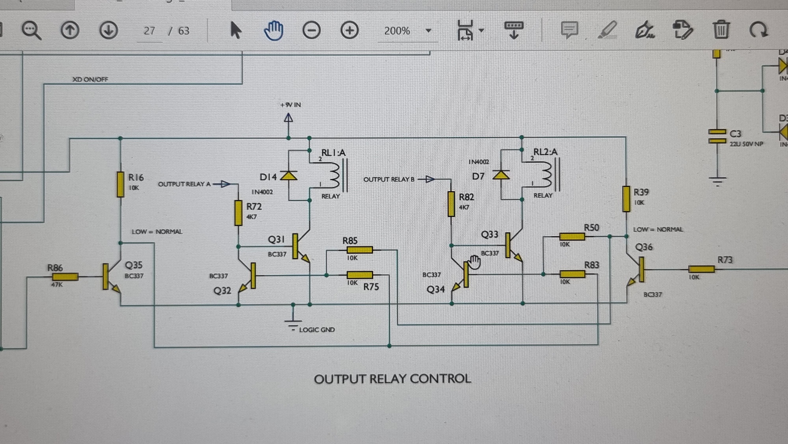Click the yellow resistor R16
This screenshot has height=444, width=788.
point(121,184)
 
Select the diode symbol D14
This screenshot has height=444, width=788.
point(289,176)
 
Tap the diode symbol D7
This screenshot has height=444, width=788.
point(501,175)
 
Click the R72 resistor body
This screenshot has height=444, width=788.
point(238,213)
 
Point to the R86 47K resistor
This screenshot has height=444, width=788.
point(65,277)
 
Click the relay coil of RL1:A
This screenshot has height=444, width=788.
point(335,175)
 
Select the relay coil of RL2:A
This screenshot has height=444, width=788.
point(547,175)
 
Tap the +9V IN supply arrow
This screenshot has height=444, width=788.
point(289,118)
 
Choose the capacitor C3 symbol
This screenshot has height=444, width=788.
point(717,136)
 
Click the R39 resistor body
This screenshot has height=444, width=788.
point(626,199)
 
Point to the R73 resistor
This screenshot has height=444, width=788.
point(701,269)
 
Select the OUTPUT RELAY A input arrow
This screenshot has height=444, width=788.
point(225,184)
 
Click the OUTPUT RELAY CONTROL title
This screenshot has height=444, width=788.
point(392,379)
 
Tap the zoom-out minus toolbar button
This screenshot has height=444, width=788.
point(311,30)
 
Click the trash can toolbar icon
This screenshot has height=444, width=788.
point(721,30)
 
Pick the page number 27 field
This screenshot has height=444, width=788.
point(149,31)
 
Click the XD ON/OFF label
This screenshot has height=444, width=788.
point(90,79)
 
